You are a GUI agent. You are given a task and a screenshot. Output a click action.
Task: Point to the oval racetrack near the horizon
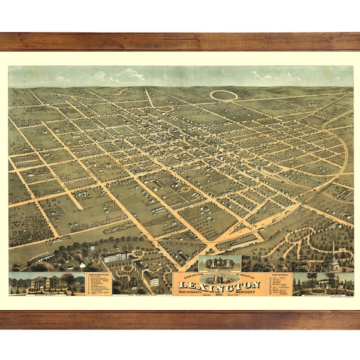[x=224, y=95]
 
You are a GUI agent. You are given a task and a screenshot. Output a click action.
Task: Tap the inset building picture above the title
[x=219, y=263]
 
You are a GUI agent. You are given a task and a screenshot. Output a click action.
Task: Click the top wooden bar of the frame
[x=180, y=41]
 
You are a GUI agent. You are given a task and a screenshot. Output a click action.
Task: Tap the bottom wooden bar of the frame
[x=180, y=319]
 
